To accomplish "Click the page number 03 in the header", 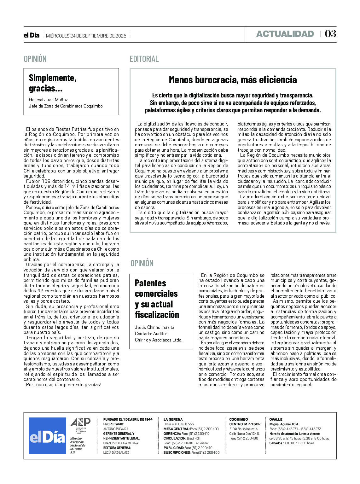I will pos(330,34).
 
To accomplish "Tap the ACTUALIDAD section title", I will pos(285,34).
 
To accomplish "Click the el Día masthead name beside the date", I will pos(32,35).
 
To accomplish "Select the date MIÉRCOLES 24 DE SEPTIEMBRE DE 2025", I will pos(86,36).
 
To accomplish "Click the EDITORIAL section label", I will pos(144,59).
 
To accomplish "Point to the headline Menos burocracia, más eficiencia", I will pos(233,80).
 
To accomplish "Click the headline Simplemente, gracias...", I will pos(53,83).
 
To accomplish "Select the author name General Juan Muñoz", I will pos(48,100).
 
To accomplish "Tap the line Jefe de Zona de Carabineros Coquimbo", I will pos(66,106).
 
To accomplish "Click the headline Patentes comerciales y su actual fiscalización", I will pos(157,299).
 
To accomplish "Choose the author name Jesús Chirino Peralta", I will pos(154,327).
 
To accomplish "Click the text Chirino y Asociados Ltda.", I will pos(158,340).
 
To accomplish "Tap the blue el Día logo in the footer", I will pos(47,436).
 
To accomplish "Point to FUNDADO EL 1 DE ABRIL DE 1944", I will pos(128,419).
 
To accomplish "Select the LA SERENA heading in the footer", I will pos(173,419).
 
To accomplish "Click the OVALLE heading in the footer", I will pos(276,419).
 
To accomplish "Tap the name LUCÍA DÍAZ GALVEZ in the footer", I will pos(116,452).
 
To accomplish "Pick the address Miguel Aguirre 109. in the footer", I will pos(284,424).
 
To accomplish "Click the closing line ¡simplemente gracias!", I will pos(63,385).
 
